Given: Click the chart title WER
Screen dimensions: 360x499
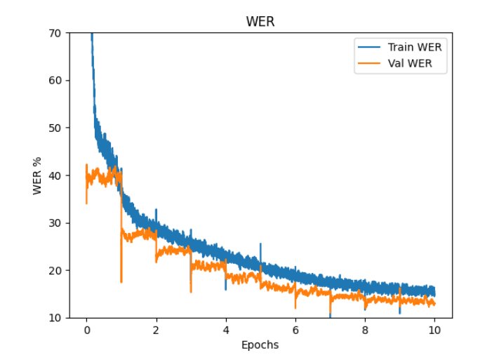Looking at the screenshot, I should tap(260, 22).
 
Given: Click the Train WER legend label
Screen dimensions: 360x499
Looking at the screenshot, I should tap(415, 48).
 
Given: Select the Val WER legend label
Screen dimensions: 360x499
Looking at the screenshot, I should tap(411, 64).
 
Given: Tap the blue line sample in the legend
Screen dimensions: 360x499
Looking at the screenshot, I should tap(370, 48).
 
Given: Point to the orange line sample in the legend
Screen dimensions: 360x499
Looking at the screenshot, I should tap(370, 64).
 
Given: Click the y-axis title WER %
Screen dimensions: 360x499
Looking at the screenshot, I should tap(37, 175).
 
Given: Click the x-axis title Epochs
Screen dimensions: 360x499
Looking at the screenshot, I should tap(260, 345).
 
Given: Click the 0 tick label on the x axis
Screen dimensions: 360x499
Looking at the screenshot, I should tap(86, 330).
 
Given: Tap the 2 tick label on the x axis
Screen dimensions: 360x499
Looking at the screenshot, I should tap(156, 330).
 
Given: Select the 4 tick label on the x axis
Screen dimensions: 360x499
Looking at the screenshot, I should tap(225, 330).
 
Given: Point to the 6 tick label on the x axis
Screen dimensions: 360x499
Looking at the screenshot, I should tap(295, 330).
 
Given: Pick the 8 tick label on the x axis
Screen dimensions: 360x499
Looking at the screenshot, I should tap(365, 330).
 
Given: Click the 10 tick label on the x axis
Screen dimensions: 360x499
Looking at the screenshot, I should tap(434, 330).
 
